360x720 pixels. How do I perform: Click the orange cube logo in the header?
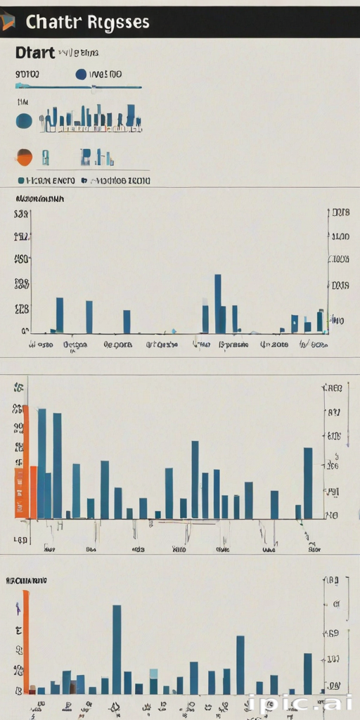pos(8,22)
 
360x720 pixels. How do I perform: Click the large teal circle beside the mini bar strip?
pos(24,121)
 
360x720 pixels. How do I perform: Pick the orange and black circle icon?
pos(24,157)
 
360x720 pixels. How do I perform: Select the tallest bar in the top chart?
pos(217,303)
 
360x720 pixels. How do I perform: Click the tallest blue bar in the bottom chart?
pos(117,649)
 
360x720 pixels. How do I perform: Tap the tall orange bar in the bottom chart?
pos(26,641)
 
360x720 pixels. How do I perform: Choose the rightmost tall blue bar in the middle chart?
pos(308,483)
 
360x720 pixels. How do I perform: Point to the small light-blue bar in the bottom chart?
pos(153,674)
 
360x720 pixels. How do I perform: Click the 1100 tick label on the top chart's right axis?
pos(340,237)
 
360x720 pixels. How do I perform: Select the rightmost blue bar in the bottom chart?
pos(307,674)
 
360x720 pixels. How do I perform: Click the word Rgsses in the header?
pos(120,22)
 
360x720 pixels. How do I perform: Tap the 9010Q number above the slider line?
pos(27,74)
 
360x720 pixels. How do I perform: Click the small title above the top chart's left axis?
pos(39,199)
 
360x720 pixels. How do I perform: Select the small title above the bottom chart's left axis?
pos(26,581)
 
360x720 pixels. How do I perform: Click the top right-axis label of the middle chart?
pos(333,387)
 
